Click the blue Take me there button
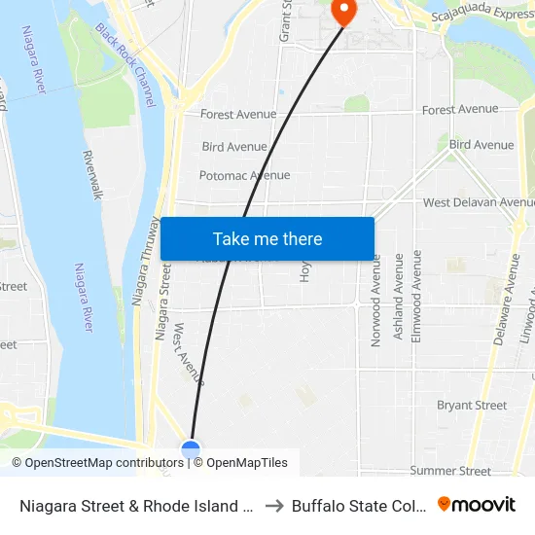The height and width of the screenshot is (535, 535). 267,239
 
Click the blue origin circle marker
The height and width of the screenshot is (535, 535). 191,449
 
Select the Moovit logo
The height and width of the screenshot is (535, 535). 477,505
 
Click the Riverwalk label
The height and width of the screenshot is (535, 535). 93,175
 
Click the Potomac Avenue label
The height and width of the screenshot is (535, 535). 244,176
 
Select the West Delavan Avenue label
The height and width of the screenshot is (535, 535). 478,202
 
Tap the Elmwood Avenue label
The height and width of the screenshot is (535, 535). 418,295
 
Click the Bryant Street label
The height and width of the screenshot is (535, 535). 472,406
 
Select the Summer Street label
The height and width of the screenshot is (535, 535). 450,471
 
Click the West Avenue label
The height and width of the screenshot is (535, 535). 188,352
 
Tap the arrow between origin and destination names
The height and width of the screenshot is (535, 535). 273,506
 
